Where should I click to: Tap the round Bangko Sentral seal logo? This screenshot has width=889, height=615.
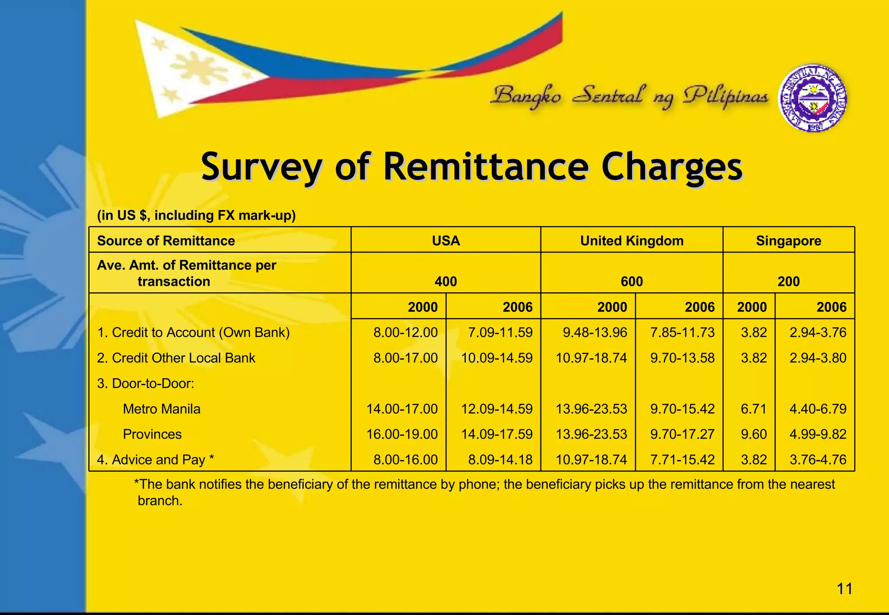click(x=812, y=98)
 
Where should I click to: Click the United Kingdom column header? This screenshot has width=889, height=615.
click(x=632, y=241)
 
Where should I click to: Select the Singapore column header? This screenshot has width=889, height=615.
click(x=788, y=241)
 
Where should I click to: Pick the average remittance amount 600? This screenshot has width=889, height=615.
click(x=632, y=281)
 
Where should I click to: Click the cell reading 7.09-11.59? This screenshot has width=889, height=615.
click(x=500, y=333)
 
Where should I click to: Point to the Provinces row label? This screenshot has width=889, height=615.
click(x=152, y=434)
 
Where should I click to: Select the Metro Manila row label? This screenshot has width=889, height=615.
click(x=161, y=409)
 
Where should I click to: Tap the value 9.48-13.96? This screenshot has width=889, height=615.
click(x=595, y=333)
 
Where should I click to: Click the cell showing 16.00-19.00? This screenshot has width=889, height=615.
click(x=402, y=434)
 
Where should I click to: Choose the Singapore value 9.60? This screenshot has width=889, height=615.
click(x=754, y=434)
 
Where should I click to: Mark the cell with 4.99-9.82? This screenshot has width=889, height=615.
click(x=818, y=434)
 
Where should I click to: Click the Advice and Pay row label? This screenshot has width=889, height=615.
click(x=155, y=460)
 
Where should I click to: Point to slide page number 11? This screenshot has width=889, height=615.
click(x=844, y=589)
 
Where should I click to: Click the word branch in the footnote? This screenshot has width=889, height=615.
click(x=160, y=501)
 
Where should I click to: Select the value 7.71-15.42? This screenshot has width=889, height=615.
click(x=682, y=460)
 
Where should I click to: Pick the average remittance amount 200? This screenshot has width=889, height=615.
click(x=788, y=281)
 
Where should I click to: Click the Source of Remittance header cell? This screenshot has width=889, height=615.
click(x=166, y=241)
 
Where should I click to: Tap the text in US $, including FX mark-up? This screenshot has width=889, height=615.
click(x=196, y=216)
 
